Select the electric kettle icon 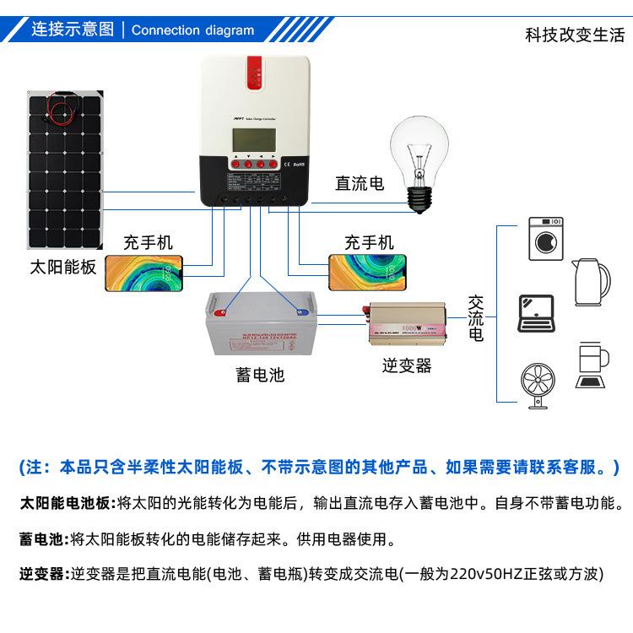[592, 282]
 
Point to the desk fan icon [537, 387]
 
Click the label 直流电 [360, 183]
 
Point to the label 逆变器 [406, 365]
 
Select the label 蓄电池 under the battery [260, 375]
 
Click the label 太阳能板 [63, 268]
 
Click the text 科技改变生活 [574, 35]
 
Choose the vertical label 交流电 [476, 318]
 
